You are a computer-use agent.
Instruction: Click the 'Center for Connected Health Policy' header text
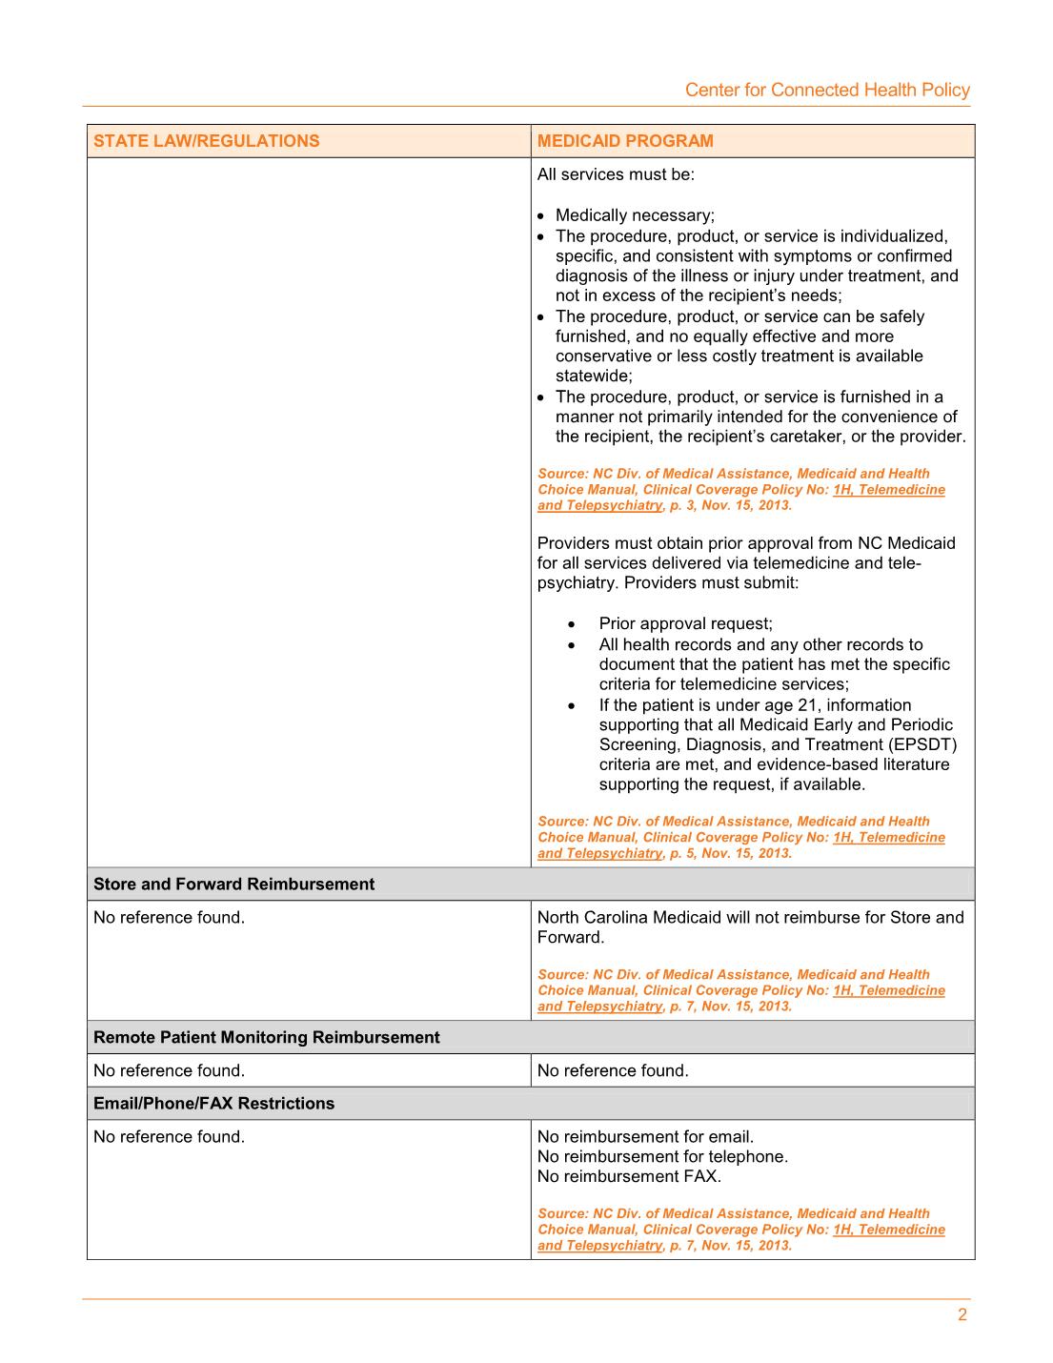pyautogui.click(x=827, y=90)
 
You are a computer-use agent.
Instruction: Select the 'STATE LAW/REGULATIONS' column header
pyautogui.click(x=206, y=141)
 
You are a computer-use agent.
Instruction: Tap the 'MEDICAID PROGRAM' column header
pyautogui.click(x=625, y=141)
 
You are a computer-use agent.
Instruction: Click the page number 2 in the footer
pyautogui.click(x=962, y=1315)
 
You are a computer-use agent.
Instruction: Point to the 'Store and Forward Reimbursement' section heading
pyautogui.click(x=233, y=885)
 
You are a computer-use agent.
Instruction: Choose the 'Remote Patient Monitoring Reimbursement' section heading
pyautogui.click(x=266, y=1037)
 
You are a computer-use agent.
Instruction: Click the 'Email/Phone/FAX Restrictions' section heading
pyautogui.click(x=213, y=1104)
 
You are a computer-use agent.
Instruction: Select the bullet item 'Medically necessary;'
pyautogui.click(x=635, y=215)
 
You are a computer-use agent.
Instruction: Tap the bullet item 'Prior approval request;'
pyautogui.click(x=685, y=623)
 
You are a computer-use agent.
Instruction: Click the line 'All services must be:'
pyautogui.click(x=616, y=174)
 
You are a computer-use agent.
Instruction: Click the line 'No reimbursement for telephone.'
pyautogui.click(x=662, y=1156)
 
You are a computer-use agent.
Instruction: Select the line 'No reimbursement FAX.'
pyautogui.click(x=629, y=1176)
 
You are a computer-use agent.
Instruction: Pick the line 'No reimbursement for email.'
pyautogui.click(x=645, y=1136)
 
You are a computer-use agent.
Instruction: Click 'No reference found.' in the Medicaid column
pyautogui.click(x=613, y=1070)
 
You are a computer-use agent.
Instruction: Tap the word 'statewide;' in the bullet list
pyautogui.click(x=594, y=376)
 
